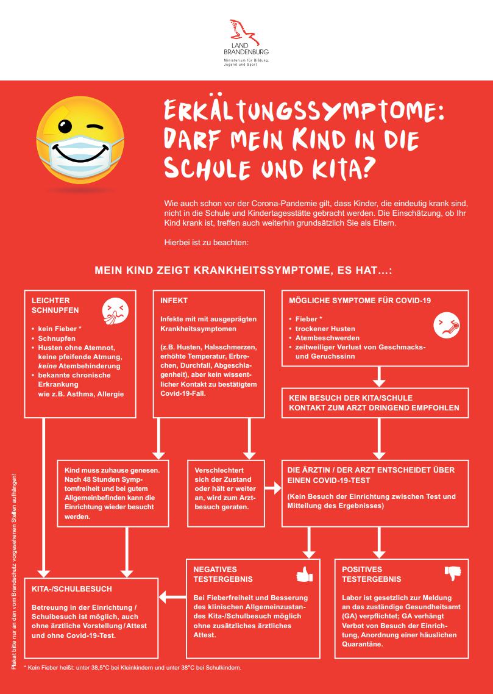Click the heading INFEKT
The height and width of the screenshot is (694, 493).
(174, 301)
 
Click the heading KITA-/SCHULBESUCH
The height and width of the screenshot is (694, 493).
(72, 589)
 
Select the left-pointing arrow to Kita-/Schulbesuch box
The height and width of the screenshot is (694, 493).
(172, 598)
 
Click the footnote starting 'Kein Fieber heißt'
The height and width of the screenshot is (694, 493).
(133, 668)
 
